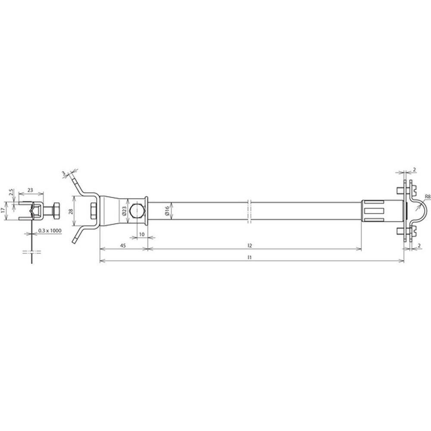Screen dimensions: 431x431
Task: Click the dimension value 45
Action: pos(123,246)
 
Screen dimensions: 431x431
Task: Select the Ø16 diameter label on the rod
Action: pos(167,211)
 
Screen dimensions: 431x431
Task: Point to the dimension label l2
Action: pos(250,246)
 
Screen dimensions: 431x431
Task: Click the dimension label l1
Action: pos(250,257)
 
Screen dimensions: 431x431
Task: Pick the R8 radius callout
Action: pos(428,196)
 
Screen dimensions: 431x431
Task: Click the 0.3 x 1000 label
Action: pos(50,231)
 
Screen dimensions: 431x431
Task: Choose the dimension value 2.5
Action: pos(10,192)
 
